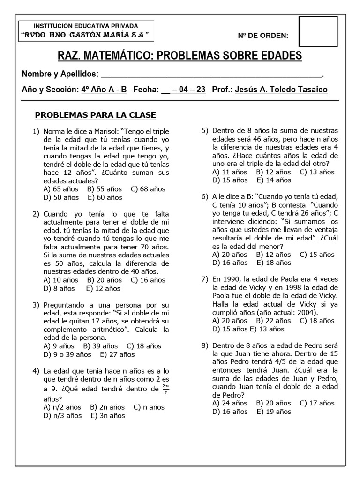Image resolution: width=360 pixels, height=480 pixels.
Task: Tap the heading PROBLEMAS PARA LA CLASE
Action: [96, 115]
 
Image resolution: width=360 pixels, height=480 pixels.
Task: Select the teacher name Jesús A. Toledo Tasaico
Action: [281, 90]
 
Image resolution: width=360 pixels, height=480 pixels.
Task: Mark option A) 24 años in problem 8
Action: [230, 403]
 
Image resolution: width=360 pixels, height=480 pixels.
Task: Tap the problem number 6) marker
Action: [205, 196]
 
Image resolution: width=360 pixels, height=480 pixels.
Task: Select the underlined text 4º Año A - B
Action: [104, 90]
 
